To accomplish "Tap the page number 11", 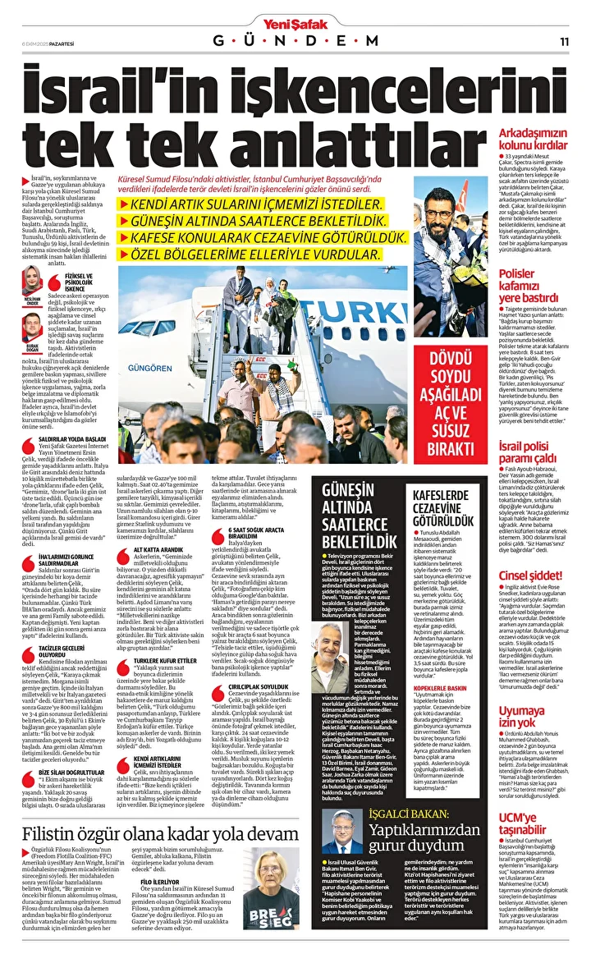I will (x=565, y=40).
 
